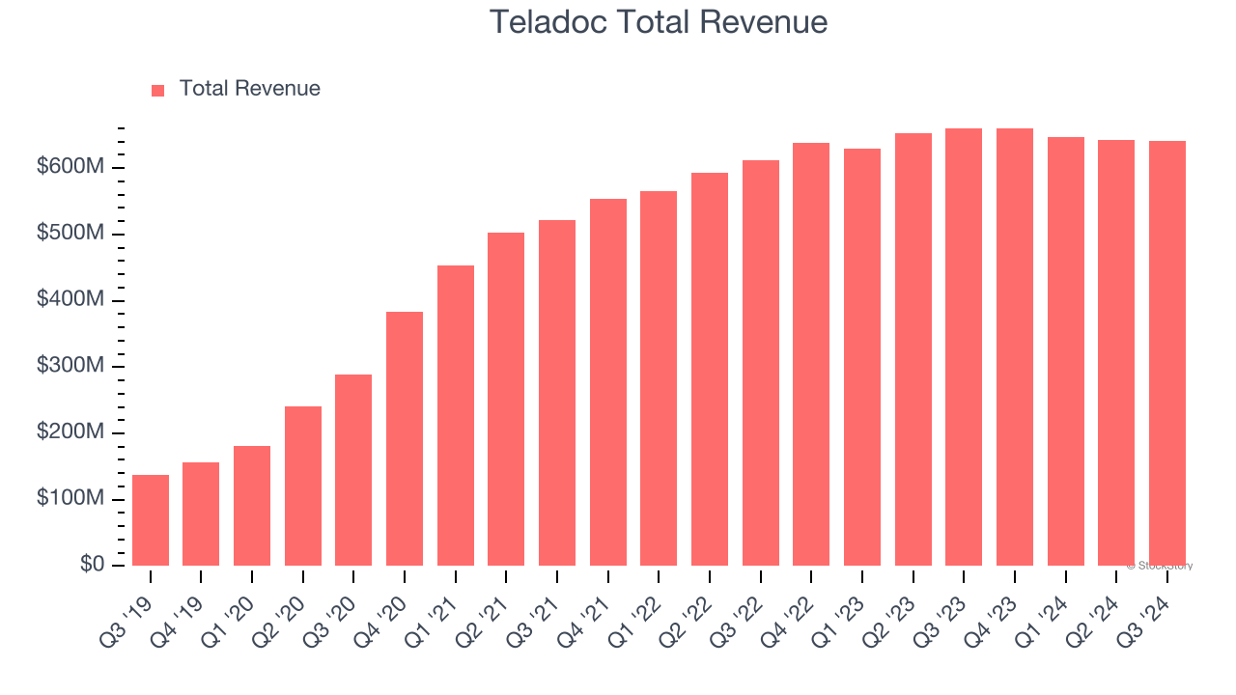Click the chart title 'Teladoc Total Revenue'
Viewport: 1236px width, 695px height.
[x=658, y=22]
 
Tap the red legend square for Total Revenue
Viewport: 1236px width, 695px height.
[x=158, y=90]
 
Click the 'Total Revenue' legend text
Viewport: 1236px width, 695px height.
[x=249, y=89]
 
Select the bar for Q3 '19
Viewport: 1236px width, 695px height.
[x=151, y=520]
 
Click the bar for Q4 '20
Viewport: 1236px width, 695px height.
[x=405, y=438]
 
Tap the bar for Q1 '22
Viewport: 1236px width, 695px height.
[x=659, y=378]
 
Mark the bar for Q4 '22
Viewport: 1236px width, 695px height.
[x=811, y=354]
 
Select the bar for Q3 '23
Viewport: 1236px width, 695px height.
[x=964, y=347]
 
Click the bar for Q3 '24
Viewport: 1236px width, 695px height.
[x=1166, y=353]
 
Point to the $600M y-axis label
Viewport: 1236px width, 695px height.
[x=70, y=168]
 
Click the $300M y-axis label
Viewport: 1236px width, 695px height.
[x=70, y=367]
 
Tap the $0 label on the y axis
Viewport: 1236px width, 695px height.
[x=92, y=565]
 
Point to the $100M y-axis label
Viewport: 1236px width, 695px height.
[x=70, y=499]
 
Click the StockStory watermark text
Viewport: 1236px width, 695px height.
[x=1160, y=566]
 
